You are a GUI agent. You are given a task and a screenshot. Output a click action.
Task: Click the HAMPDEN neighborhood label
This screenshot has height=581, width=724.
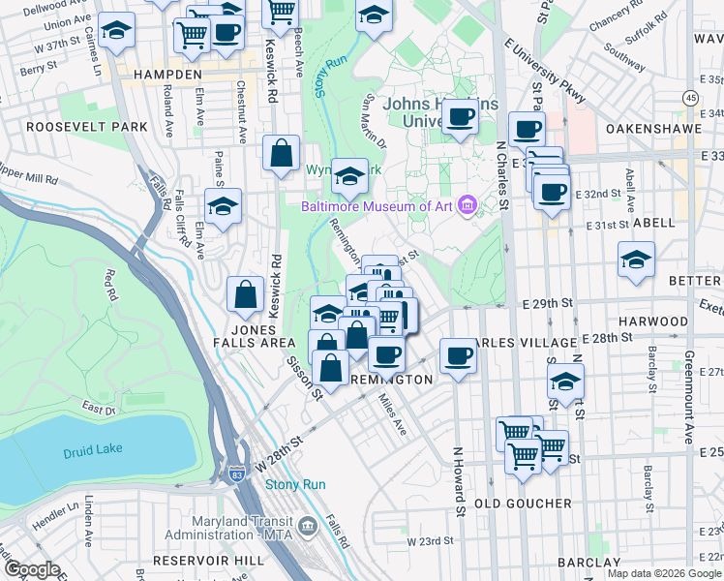point(161,74)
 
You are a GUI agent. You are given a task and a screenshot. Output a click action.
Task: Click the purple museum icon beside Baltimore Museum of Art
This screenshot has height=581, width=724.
point(468,205)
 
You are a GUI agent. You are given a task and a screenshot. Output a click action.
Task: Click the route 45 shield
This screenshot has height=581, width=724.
point(689,98)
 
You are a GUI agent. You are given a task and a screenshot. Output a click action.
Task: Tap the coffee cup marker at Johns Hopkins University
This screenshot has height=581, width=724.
point(460,117)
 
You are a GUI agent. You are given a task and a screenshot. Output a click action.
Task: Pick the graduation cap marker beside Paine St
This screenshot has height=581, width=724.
point(223,205)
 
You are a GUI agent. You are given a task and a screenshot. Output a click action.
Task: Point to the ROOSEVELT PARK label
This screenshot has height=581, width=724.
point(87,127)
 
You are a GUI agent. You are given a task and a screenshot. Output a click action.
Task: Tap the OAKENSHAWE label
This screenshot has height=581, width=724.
point(652,128)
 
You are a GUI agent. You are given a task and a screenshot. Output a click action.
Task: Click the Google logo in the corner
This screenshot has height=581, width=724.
point(31,569)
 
